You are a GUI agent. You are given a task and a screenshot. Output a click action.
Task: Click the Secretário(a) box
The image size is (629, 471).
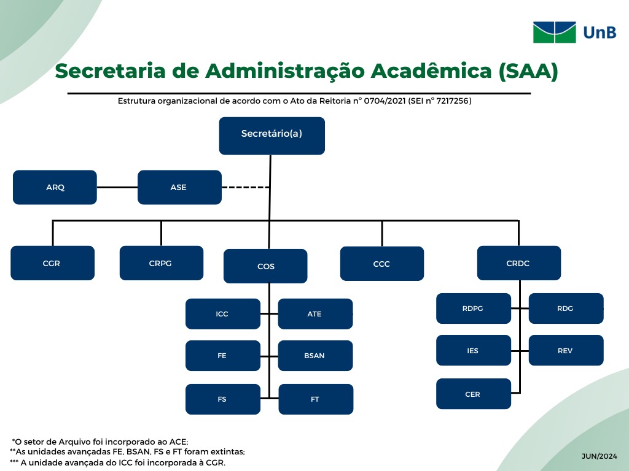coord(272,136)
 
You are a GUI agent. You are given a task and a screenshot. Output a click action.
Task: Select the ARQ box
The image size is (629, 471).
coord(55,187)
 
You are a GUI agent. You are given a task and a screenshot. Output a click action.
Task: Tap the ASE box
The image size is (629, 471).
coord(179,187)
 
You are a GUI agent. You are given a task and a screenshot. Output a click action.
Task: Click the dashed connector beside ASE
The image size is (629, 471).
coord(246,187)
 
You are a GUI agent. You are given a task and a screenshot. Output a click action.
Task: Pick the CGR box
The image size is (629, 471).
coord(53,262)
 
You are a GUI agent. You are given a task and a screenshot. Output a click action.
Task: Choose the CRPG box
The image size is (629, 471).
coord(162,262)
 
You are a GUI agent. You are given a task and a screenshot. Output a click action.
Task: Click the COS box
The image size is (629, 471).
coord(265,266)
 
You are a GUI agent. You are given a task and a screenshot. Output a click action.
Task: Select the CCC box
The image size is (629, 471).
coord(382,264)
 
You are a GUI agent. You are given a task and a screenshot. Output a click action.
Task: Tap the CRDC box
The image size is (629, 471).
coord(519,262)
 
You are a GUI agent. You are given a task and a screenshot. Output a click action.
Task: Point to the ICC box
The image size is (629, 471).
coord(223,313)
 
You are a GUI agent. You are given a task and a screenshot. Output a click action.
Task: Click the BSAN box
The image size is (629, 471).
coord(315,355)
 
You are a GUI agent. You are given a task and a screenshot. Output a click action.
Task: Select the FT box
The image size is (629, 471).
coord(316,399)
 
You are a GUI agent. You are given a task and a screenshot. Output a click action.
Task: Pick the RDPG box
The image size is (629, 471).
coord(474,308)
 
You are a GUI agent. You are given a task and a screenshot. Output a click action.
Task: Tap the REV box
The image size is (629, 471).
coord(566,350)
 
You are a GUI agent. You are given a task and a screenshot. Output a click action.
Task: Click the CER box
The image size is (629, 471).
coord(474,394)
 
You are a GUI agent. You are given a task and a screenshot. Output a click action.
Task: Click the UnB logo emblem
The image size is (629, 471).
coord(555,33)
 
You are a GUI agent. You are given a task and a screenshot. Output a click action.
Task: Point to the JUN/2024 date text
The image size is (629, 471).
coord(600,456)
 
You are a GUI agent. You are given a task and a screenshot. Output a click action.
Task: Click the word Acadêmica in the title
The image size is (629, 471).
coord(431,71)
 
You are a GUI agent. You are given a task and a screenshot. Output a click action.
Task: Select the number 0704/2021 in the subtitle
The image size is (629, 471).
coord(385,101)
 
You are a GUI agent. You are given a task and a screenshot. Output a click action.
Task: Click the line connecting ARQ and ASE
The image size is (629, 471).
coord(117,187)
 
